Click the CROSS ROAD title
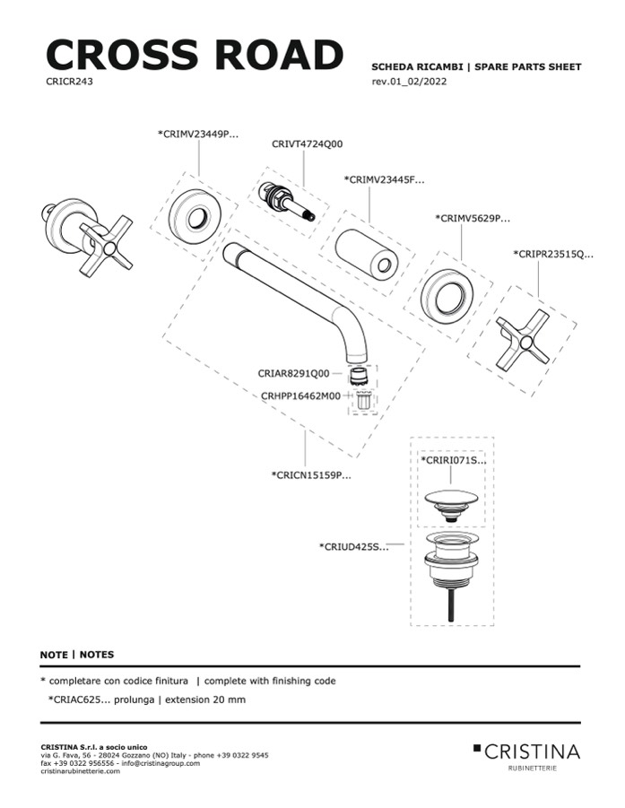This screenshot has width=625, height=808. click(x=194, y=55)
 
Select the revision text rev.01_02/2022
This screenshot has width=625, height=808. click(x=409, y=83)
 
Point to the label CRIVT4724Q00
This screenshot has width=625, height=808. click(x=307, y=143)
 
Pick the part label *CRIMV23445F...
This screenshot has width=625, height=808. click(x=384, y=179)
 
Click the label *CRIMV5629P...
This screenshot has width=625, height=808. click(x=472, y=218)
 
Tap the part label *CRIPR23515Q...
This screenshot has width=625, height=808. click(x=553, y=254)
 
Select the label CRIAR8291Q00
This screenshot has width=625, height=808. click(x=293, y=373)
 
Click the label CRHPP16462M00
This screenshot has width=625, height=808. click(x=300, y=395)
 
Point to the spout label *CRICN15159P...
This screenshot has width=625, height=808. click(x=310, y=474)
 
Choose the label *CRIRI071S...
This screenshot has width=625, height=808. click(x=453, y=460)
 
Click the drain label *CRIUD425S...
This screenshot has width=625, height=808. click(x=353, y=545)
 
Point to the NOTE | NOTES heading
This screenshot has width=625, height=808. click(x=77, y=655)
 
